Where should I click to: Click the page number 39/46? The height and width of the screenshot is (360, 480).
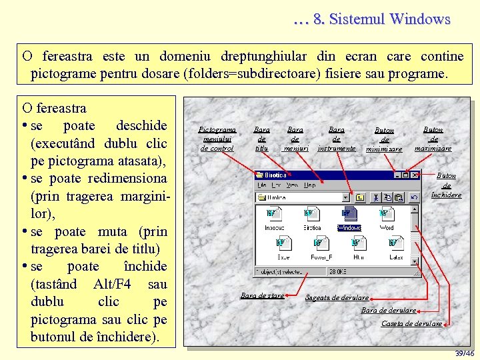464,353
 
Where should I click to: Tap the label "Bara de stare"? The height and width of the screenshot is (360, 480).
262,295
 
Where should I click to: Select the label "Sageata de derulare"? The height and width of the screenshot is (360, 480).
337,297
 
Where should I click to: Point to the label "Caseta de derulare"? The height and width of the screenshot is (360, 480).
411,323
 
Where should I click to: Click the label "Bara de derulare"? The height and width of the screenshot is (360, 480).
389,310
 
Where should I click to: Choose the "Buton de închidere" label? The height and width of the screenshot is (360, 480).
446,185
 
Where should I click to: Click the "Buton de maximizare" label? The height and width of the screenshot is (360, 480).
433,139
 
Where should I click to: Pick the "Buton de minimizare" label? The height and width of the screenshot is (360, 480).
384,140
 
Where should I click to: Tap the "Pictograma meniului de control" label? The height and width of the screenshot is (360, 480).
218,139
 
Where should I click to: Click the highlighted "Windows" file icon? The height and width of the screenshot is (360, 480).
349,215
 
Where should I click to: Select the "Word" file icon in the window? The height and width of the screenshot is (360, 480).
386,215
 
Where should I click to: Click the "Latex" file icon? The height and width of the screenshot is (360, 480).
396,244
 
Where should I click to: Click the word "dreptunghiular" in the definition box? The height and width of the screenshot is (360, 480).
257,56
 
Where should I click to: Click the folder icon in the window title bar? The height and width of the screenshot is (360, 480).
259,175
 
